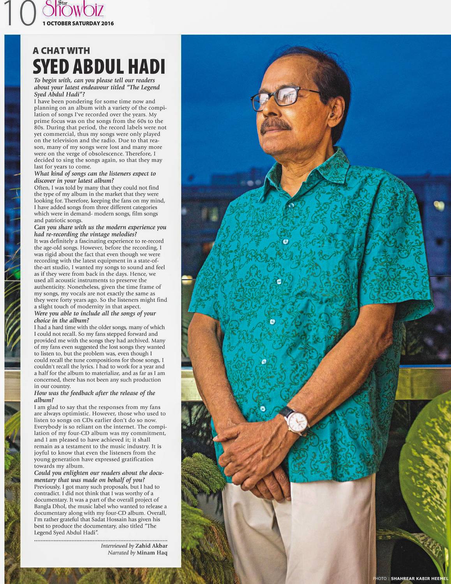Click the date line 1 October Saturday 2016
(78, 23)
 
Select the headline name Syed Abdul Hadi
(99, 67)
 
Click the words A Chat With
(61, 51)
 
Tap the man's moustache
(275, 125)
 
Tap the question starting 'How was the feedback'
(94, 396)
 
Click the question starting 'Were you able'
(95, 317)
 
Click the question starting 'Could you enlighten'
(99, 476)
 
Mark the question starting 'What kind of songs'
(95, 177)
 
